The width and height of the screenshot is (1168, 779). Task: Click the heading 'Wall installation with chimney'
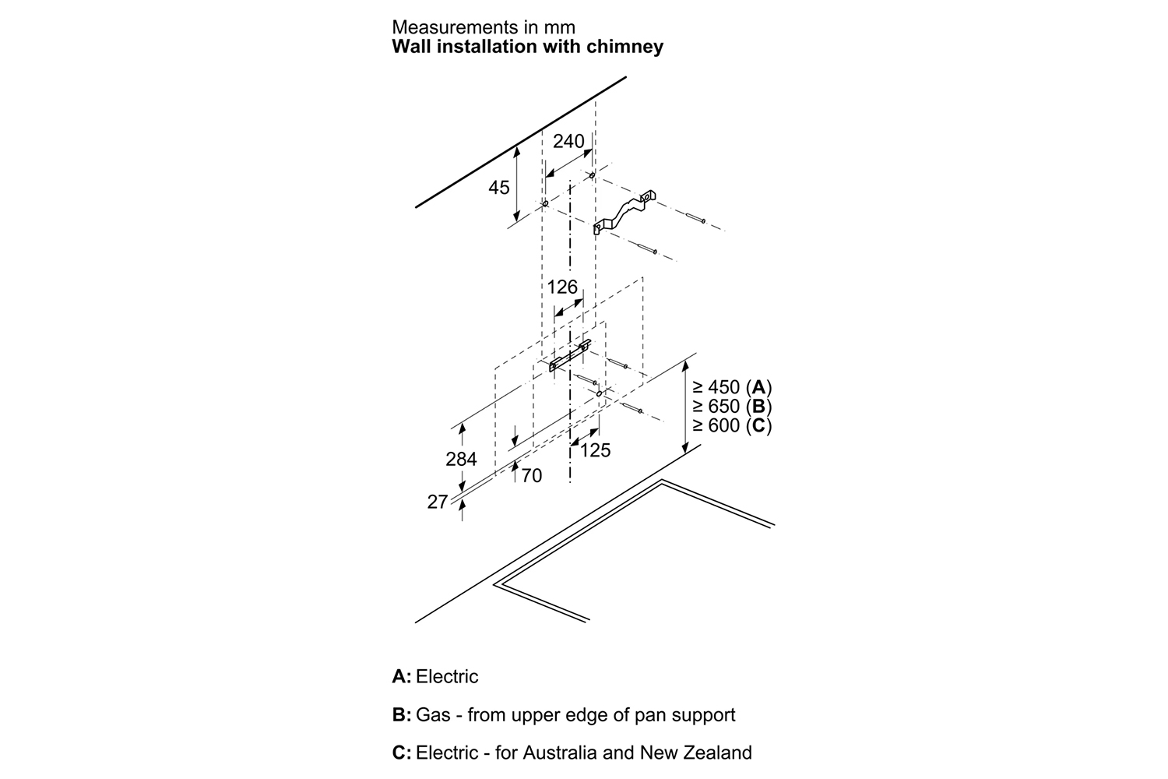point(527,47)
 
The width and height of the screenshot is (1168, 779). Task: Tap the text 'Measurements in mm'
point(483,27)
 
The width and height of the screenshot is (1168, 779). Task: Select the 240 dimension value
point(568,142)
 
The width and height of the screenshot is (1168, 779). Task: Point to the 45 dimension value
point(499,188)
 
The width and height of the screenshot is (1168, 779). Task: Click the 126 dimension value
point(562,287)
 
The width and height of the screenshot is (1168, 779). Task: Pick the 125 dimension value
point(595,450)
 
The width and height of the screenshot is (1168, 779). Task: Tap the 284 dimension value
point(461,460)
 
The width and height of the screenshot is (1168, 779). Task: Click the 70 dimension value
point(531,475)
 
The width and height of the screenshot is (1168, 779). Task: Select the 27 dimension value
point(438,502)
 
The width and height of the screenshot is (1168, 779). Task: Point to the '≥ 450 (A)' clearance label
point(731,387)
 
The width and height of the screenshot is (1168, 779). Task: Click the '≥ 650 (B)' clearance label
point(731,407)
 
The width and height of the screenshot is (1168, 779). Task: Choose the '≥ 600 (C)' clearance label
point(731,426)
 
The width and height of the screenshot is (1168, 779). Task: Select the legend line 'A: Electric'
point(435,676)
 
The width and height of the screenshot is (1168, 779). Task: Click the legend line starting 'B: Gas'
point(564,714)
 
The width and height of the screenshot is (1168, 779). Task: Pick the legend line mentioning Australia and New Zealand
point(572,753)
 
